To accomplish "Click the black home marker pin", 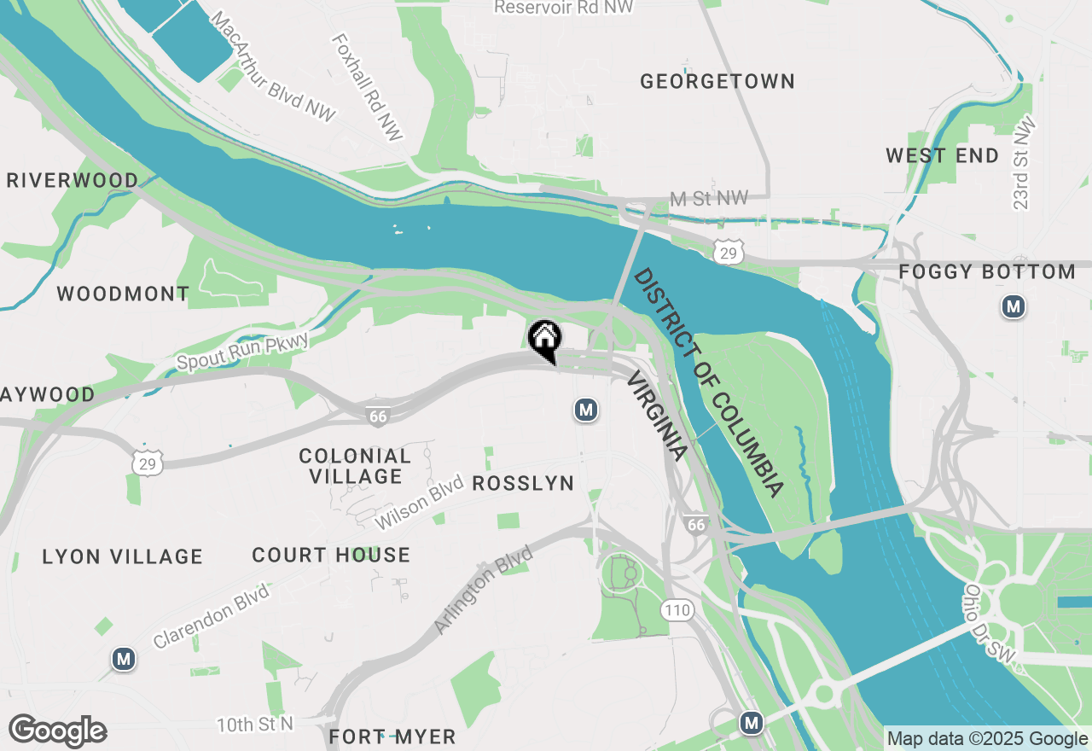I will click(x=544, y=339).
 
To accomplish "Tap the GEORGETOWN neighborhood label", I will click(x=717, y=82).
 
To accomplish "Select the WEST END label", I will click(x=942, y=156).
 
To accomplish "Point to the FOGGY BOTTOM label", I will click(x=987, y=272).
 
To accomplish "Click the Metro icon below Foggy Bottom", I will click(x=1013, y=306).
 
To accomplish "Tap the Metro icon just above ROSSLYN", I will click(x=584, y=410).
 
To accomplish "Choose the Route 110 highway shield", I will click(x=677, y=610).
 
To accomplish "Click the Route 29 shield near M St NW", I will click(x=728, y=252).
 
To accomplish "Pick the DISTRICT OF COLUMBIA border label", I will click(x=707, y=382).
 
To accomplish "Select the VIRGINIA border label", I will click(x=656, y=416).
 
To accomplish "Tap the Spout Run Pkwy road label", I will click(x=241, y=351).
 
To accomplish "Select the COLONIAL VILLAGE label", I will click(x=355, y=466).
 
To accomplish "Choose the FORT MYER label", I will click(x=392, y=736).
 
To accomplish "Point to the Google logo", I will click(x=57, y=731).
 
